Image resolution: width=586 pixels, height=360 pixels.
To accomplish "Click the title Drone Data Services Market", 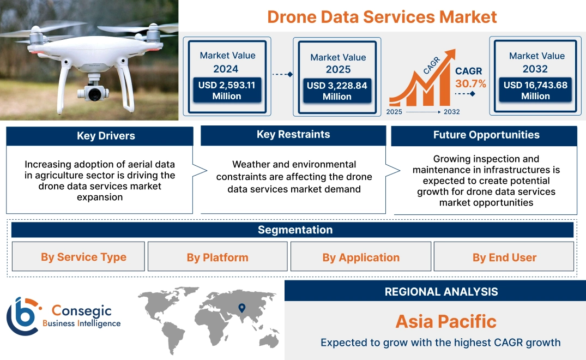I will (x=382, y=16).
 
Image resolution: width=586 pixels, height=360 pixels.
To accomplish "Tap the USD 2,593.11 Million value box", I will (x=227, y=91).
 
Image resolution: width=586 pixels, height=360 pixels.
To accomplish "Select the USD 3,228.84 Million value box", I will (x=337, y=91).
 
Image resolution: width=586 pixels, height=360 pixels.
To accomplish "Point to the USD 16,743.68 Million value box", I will (x=535, y=91).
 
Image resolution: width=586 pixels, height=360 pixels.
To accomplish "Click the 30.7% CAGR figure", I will (x=471, y=84).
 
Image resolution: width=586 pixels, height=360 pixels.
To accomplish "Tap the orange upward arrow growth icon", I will (x=422, y=79).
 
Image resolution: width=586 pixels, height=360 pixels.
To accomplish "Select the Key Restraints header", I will (x=293, y=135).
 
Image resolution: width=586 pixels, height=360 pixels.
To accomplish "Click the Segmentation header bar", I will (x=295, y=230).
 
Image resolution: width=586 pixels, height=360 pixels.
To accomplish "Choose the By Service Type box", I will (x=83, y=257).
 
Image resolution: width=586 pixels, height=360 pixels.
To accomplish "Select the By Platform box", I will (x=217, y=257).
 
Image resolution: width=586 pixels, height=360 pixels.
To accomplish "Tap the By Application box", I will (x=361, y=257).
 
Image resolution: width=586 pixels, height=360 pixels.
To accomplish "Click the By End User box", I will (x=504, y=257).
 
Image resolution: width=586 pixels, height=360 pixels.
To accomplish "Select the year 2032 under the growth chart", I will (x=451, y=112).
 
